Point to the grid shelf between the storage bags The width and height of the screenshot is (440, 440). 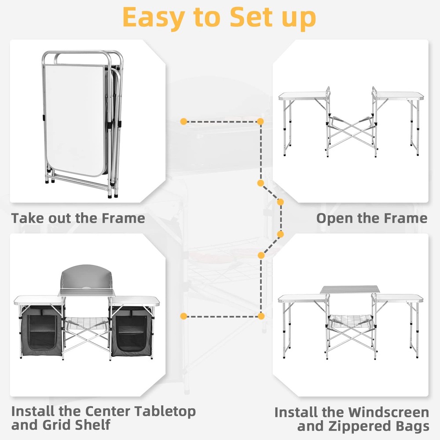click(x=86, y=326)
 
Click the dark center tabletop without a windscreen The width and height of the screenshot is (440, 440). click(x=350, y=289)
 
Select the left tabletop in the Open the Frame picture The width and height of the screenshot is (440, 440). click(x=304, y=95)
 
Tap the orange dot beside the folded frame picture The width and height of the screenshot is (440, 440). click(x=184, y=121)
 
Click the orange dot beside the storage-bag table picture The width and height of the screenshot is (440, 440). click(x=184, y=315)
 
